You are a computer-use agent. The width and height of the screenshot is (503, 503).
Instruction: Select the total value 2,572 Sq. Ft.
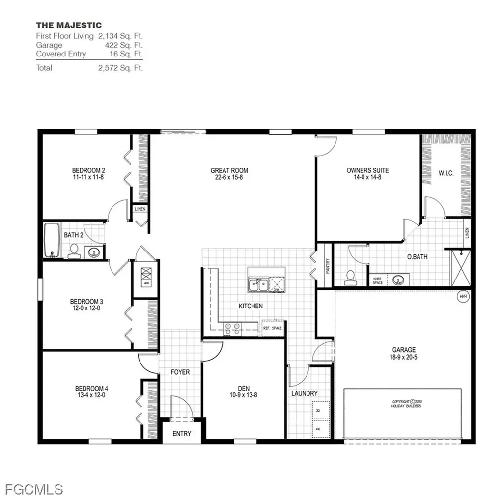(x=120, y=68)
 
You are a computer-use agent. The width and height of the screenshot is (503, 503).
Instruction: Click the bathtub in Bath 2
(x=52, y=241)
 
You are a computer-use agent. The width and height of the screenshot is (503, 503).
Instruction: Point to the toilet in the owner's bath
(x=351, y=278)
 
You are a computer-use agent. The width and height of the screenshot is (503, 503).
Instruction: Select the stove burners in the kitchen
(x=232, y=328)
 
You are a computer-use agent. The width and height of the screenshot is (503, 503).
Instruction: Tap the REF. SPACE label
(x=273, y=328)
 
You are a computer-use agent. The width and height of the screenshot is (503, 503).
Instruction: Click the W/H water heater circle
(x=462, y=296)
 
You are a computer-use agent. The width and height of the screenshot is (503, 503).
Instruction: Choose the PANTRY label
(x=327, y=266)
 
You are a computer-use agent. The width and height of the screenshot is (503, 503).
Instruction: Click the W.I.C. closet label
(x=446, y=173)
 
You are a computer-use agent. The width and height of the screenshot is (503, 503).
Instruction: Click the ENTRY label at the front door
(x=182, y=434)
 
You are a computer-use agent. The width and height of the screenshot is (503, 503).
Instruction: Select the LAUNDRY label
(x=304, y=393)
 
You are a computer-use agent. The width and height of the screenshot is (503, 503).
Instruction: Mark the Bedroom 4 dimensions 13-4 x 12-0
(x=88, y=394)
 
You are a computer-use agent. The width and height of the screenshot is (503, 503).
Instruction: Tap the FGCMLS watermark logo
(x=34, y=489)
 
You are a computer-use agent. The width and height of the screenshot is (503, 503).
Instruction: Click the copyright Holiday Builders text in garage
(x=406, y=403)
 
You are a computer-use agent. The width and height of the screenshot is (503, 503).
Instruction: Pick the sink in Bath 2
(x=95, y=252)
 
